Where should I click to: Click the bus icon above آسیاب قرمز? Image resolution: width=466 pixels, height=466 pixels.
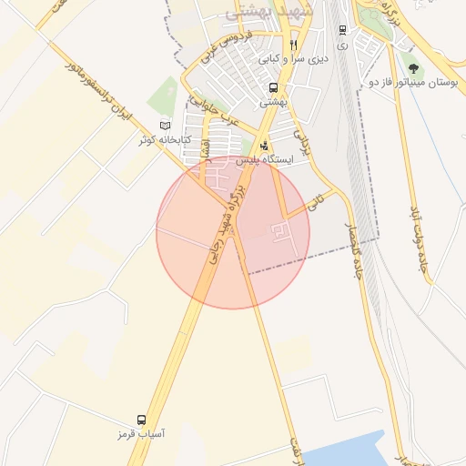(x=141, y=420)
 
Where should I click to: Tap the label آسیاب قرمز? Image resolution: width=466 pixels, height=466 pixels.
(x=141, y=435)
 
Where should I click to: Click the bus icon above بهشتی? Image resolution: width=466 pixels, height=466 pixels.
(x=273, y=88)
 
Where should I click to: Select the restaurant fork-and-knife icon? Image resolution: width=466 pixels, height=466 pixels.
(x=293, y=44)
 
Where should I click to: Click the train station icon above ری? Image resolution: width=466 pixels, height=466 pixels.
(x=341, y=30)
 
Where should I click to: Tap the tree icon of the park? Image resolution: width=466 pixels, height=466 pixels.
(x=414, y=67)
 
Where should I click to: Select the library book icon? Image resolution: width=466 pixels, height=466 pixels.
(x=165, y=125)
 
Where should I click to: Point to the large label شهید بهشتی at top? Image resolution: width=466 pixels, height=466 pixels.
(x=269, y=12)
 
